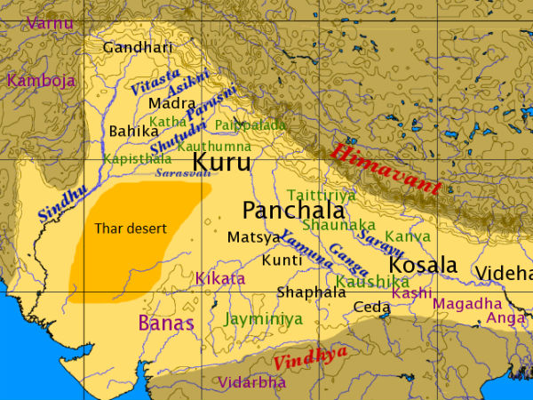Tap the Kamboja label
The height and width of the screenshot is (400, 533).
coord(42,80)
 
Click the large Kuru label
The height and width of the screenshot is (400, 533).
coord(221,162)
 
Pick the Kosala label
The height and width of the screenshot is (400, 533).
coord(423,265)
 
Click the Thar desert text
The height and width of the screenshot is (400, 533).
coord(131,228)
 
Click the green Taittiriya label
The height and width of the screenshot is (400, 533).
coord(321,195)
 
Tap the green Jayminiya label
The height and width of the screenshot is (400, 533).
coord(264,318)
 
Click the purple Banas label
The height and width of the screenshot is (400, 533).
coord(166,322)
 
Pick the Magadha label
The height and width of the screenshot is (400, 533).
coord(467,304)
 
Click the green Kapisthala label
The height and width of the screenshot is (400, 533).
coord(137,158)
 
